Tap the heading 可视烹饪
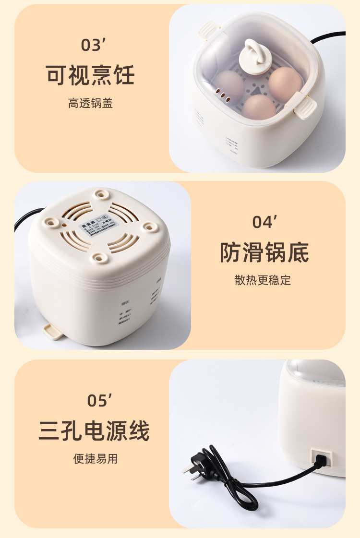pos(90,75)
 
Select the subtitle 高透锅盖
pos(90,103)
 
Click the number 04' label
pos(265,222)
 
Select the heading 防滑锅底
pos(264,252)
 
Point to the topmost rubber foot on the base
pos(101,194)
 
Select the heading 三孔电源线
pos(94,430)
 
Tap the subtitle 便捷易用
pos(95,459)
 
